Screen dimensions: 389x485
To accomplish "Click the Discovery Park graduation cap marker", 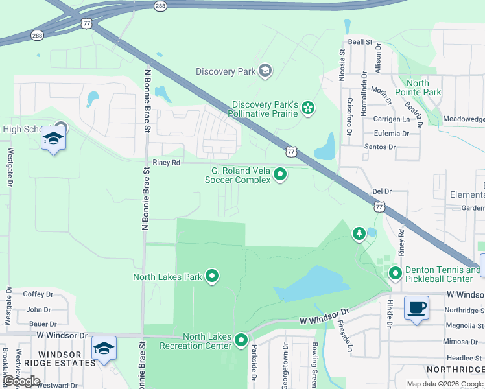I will coord(265,71).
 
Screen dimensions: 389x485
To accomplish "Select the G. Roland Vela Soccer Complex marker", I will coord(280,174).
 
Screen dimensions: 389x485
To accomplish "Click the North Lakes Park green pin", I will coord(212,277).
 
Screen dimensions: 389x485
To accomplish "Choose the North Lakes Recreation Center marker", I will coord(241,340).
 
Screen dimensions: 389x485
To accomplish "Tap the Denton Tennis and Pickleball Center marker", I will coord(396,275).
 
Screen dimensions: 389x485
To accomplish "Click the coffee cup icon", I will coord(416,307).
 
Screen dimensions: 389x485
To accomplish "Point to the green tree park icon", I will coord(359,233).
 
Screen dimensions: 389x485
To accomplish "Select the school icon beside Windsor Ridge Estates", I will coord(104,348).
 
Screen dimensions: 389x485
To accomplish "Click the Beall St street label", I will coord(360,41).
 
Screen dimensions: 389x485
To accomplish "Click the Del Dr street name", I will coord(383,191).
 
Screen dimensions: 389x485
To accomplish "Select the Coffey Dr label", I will coord(37,294).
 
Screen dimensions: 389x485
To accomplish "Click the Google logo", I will coord(21,381).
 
